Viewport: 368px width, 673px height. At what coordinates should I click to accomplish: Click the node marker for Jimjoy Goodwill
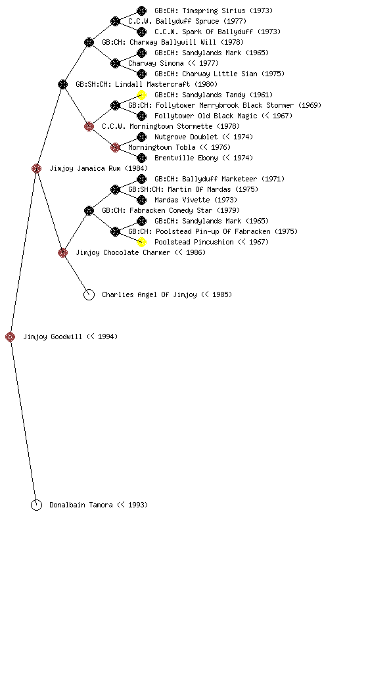coord(11,336)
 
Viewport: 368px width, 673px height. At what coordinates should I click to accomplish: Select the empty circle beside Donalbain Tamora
coord(36,505)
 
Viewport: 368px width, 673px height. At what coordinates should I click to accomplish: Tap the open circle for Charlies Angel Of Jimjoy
coord(89,294)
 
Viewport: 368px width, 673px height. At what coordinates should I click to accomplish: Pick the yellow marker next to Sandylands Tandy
coord(141,95)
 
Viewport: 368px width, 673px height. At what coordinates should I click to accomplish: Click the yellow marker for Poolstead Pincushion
coord(141,242)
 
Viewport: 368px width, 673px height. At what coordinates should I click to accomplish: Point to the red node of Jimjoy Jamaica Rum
coord(36,168)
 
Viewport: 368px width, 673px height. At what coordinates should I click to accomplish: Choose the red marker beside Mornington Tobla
coord(115,147)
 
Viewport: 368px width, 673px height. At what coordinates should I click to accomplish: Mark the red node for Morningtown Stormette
coord(89,126)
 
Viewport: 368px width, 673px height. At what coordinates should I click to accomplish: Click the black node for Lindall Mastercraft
coord(62,84)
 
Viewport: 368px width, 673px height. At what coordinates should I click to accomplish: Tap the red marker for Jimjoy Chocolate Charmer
coord(62,252)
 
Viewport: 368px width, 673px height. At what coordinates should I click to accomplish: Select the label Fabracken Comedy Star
coord(171,210)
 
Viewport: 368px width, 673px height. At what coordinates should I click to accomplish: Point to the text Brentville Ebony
coord(186,158)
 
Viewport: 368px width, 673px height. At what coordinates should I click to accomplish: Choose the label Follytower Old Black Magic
coord(206,116)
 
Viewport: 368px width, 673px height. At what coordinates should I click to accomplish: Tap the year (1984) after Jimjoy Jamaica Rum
coord(137,168)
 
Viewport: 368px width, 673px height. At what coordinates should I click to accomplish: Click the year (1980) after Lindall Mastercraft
coord(206,84)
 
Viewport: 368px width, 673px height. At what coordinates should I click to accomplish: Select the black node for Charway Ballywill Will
coord(89,42)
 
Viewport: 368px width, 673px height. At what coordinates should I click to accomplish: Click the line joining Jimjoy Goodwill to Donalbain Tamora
coord(24,421)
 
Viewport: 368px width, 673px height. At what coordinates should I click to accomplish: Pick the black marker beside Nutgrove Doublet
coord(141,137)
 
